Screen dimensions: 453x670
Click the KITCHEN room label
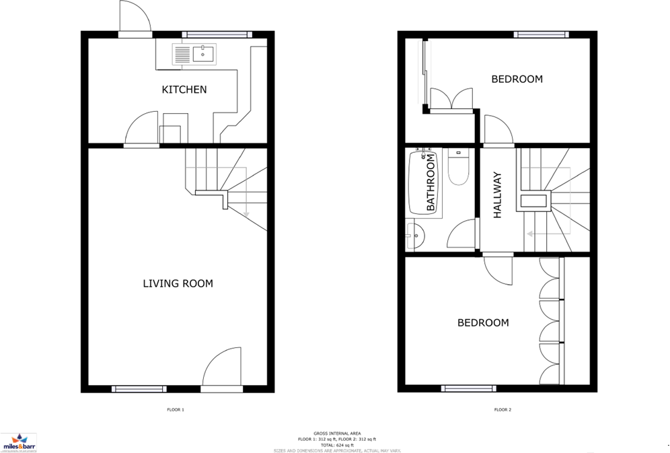[x=184, y=90]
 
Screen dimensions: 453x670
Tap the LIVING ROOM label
[x=178, y=283]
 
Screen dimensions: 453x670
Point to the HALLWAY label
[x=498, y=196]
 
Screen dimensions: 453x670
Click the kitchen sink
[x=194, y=54]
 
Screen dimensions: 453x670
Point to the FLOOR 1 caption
[x=175, y=409]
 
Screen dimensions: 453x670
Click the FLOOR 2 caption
[x=502, y=409]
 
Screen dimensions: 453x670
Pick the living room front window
[x=139, y=388]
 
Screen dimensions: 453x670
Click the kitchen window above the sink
[x=217, y=34]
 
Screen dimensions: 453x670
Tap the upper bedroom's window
[x=542, y=34]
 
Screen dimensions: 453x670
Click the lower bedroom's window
[x=465, y=388]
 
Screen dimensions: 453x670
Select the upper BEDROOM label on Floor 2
[x=517, y=79]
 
